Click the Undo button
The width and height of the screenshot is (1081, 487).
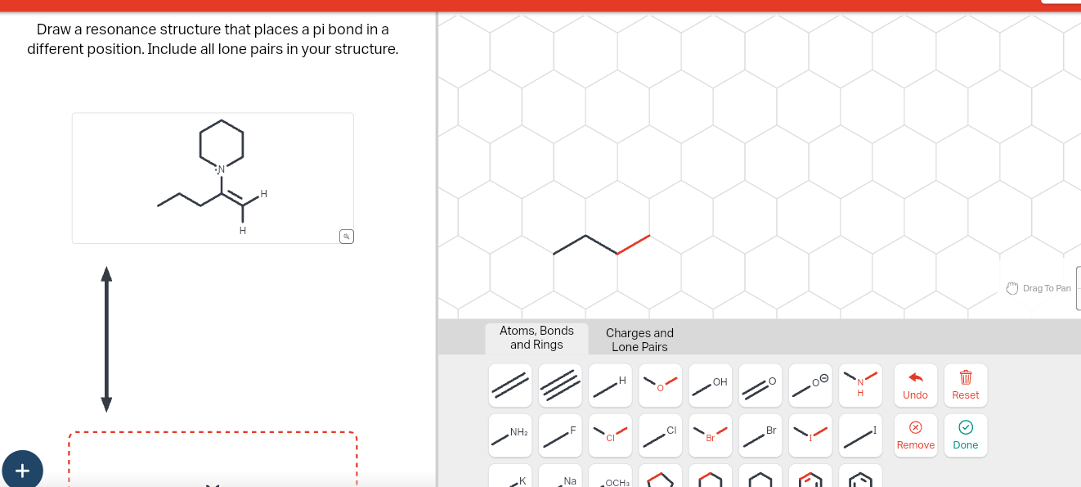click(915, 385)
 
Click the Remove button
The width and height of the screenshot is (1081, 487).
click(915, 435)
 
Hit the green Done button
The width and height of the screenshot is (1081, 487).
click(965, 435)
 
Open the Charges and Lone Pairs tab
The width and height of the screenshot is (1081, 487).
click(639, 340)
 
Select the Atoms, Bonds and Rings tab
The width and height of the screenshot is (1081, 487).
click(536, 337)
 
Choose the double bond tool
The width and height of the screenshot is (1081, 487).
click(510, 386)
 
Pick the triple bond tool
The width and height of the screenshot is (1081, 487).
click(560, 386)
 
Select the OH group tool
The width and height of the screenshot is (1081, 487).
click(710, 386)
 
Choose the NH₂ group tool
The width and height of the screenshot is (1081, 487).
click(510, 435)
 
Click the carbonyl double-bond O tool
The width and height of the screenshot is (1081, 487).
click(760, 386)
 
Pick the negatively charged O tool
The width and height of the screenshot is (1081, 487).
click(810, 386)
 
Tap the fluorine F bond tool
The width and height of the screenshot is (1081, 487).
click(560, 435)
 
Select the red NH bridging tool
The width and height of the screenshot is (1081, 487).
click(860, 386)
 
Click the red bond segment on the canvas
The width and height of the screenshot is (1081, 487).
click(634, 245)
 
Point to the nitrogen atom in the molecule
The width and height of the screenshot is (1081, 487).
click(221, 169)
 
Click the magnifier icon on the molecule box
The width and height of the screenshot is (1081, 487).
click(347, 237)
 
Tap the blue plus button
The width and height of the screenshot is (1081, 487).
click(22, 470)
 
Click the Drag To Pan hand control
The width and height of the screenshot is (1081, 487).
click(1038, 288)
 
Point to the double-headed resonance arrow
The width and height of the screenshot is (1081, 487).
click(106, 339)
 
